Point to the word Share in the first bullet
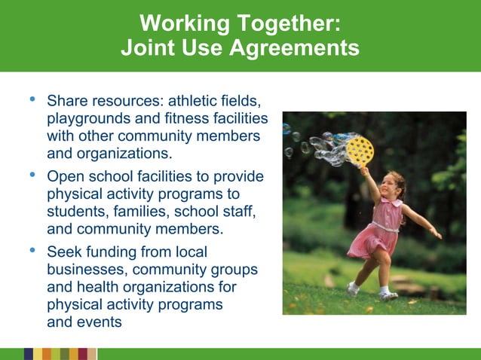coord(66,100)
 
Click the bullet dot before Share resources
coord(32,99)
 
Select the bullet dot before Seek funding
coord(32,250)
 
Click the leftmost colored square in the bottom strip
coord(28,354)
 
